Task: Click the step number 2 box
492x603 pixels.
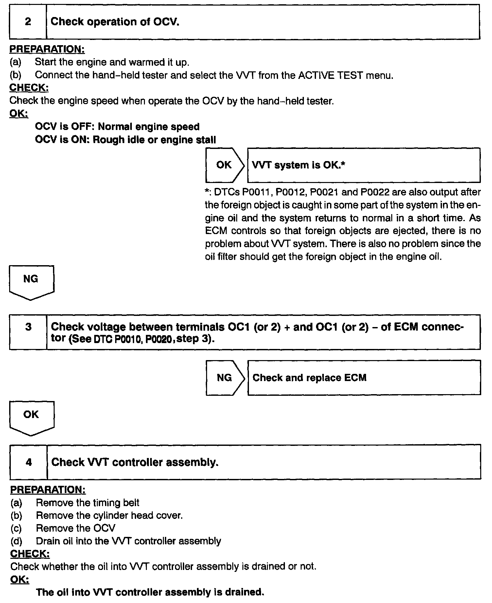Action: (28, 22)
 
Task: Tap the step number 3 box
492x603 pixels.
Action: (28, 332)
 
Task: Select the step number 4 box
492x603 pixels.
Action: (29, 462)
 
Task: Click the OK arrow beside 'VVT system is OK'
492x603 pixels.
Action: (224, 165)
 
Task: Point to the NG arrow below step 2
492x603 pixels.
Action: (31, 282)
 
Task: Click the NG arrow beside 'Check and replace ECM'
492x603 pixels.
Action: (225, 378)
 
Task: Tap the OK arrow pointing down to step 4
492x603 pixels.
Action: (31, 417)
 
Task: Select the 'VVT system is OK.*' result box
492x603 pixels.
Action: (364, 165)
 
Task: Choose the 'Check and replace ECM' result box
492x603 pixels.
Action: (364, 378)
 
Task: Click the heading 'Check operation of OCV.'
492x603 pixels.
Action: (115, 22)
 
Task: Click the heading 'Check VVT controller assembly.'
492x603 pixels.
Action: (135, 462)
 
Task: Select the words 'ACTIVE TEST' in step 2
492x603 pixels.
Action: (330, 75)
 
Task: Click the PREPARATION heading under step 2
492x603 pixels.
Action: (47, 49)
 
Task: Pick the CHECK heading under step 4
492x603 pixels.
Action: (30, 554)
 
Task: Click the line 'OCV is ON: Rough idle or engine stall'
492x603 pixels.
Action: (125, 140)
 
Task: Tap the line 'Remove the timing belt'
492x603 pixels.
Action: (88, 503)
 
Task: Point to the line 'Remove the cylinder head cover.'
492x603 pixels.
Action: (109, 516)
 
